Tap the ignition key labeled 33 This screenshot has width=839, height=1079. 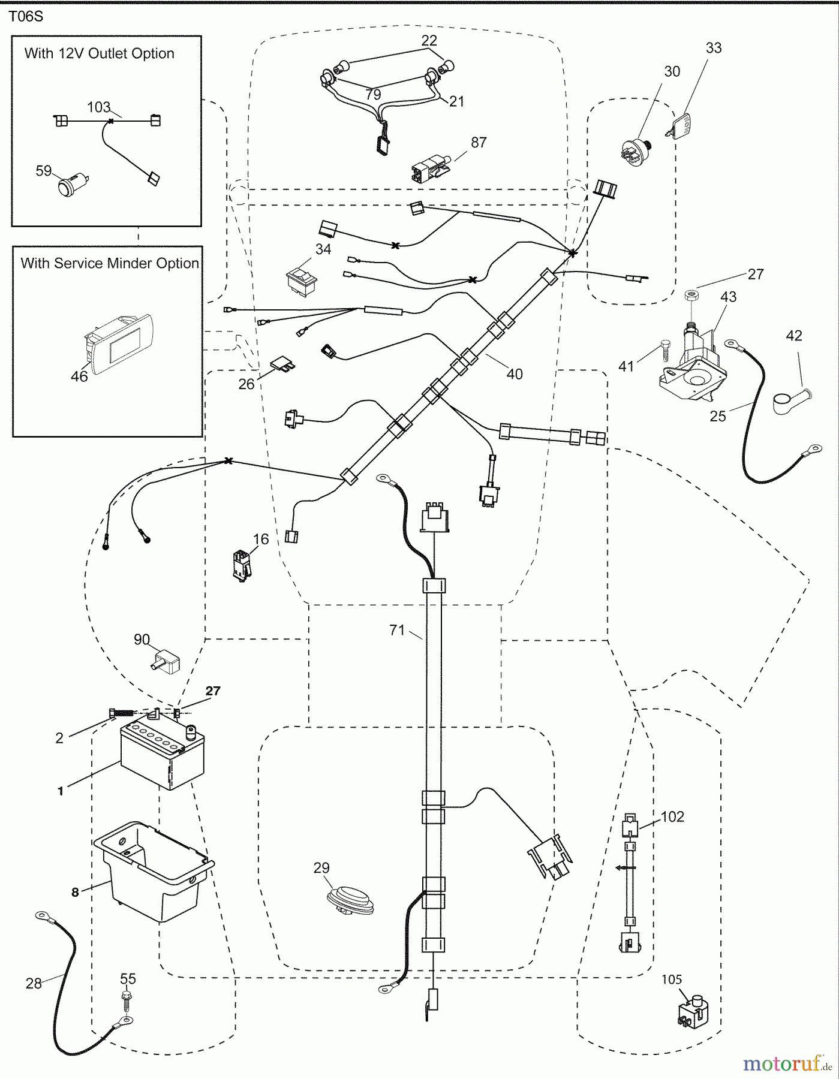(679, 125)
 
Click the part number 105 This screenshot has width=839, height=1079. (672, 979)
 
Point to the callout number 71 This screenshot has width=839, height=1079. (397, 630)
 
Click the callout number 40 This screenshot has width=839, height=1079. (515, 375)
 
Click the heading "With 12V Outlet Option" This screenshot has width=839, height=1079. (100, 53)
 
